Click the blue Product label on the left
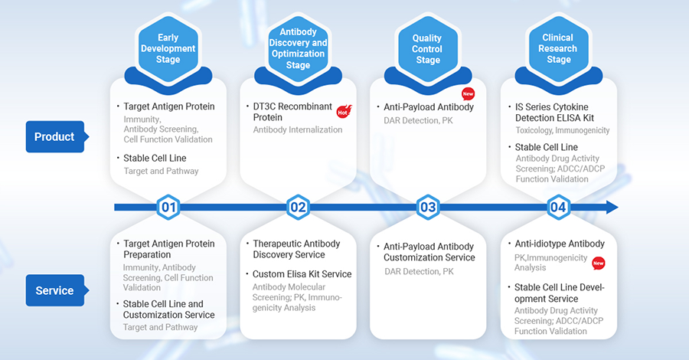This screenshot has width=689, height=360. [55, 136]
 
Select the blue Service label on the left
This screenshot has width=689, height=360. [55, 290]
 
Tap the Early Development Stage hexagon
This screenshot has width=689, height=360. [168, 48]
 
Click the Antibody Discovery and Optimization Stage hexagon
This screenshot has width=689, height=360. [299, 48]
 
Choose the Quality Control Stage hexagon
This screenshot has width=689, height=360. [428, 48]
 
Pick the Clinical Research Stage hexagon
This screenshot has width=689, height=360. [558, 48]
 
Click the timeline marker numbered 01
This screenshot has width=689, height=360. [168, 207]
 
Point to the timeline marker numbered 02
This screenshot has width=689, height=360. [299, 207]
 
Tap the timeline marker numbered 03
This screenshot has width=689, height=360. [428, 207]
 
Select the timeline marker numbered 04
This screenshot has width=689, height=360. [558, 207]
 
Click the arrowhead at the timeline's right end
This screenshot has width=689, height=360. [611, 207]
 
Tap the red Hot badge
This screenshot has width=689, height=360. [344, 112]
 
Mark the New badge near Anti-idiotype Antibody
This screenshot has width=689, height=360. [598, 263]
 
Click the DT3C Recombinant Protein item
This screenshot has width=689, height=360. [294, 112]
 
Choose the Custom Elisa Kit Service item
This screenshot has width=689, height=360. [302, 274]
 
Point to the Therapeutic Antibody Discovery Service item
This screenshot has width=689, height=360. [296, 249]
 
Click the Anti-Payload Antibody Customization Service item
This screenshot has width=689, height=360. [429, 252]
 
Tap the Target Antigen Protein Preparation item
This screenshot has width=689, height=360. [169, 249]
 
